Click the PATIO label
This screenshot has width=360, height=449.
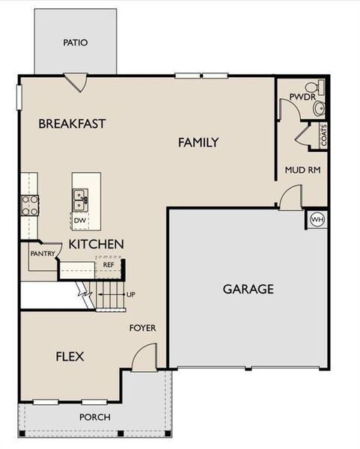[75, 43]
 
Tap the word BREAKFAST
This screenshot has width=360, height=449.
[72, 123]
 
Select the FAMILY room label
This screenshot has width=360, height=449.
[198, 142]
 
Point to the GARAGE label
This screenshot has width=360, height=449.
[248, 289]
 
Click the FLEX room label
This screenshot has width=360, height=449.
[70, 357]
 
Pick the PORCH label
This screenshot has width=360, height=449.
[95, 417]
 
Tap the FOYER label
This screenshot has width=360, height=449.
[142, 328]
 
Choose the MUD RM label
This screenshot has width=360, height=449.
[302, 170]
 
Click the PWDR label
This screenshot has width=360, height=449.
[292, 97]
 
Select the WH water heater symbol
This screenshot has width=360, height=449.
[317, 220]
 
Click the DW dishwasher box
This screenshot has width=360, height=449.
[80, 221]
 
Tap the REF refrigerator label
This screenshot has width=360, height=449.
[109, 264]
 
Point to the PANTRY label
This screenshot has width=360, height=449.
[42, 254]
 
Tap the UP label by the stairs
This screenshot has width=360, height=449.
[131, 294]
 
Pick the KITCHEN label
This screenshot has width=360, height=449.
[96, 244]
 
